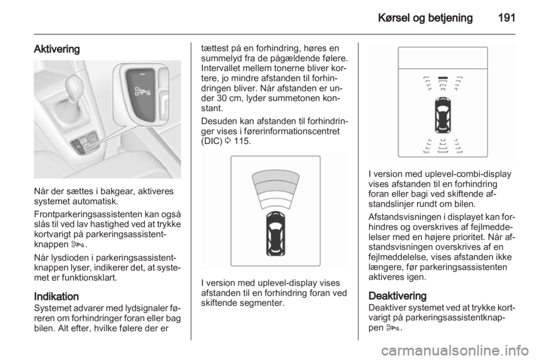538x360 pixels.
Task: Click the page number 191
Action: coord(504,17)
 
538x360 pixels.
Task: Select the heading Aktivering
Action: coord(57,49)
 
